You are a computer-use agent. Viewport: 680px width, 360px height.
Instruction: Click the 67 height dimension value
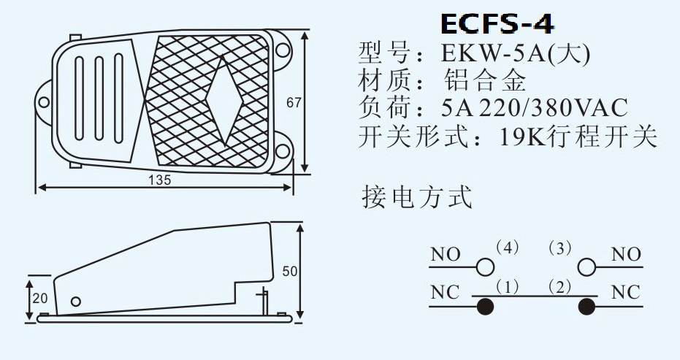click(294, 103)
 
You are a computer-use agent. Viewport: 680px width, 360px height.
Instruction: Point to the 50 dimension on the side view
click(289, 271)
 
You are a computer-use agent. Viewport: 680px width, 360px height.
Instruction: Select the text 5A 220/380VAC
click(535, 109)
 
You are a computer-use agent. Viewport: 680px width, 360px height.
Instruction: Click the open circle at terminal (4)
click(484, 266)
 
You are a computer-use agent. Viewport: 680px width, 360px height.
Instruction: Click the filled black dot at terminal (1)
click(484, 306)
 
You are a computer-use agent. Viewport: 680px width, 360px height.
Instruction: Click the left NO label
click(446, 255)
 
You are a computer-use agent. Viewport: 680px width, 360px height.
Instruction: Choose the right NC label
click(625, 293)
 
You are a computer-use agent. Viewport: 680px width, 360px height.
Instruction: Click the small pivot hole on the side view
click(76, 301)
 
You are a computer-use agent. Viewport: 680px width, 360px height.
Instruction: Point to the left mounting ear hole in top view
click(43, 101)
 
